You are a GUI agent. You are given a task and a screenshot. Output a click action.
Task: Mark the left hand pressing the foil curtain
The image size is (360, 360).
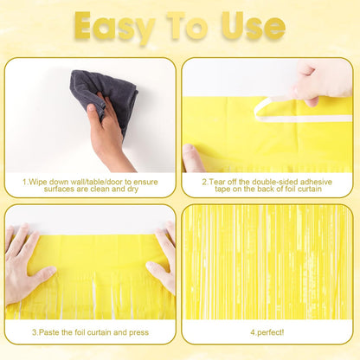[x=24, y=264]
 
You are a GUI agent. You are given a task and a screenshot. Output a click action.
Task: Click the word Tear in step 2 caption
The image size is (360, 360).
[x=222, y=182]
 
